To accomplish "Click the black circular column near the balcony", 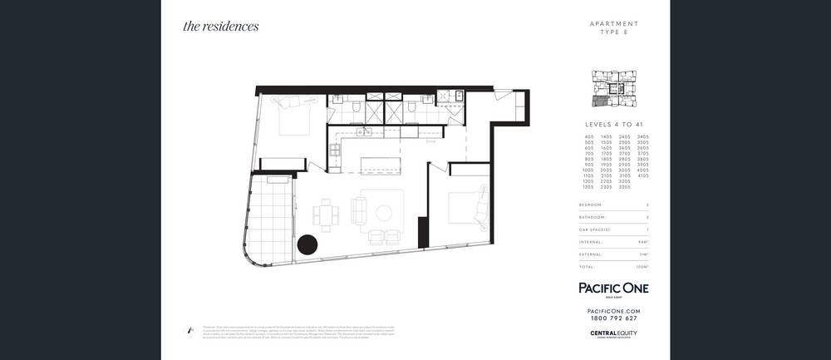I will (x=308, y=245).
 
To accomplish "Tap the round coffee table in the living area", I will (x=384, y=213).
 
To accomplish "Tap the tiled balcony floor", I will (x=267, y=218).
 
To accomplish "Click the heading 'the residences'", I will (x=221, y=26).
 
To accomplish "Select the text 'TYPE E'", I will (x=614, y=32).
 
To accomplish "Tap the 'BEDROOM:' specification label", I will (x=592, y=204).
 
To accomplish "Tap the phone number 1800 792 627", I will (x=613, y=318).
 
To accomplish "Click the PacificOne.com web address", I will (x=613, y=310).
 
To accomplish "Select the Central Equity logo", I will (x=613, y=334).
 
